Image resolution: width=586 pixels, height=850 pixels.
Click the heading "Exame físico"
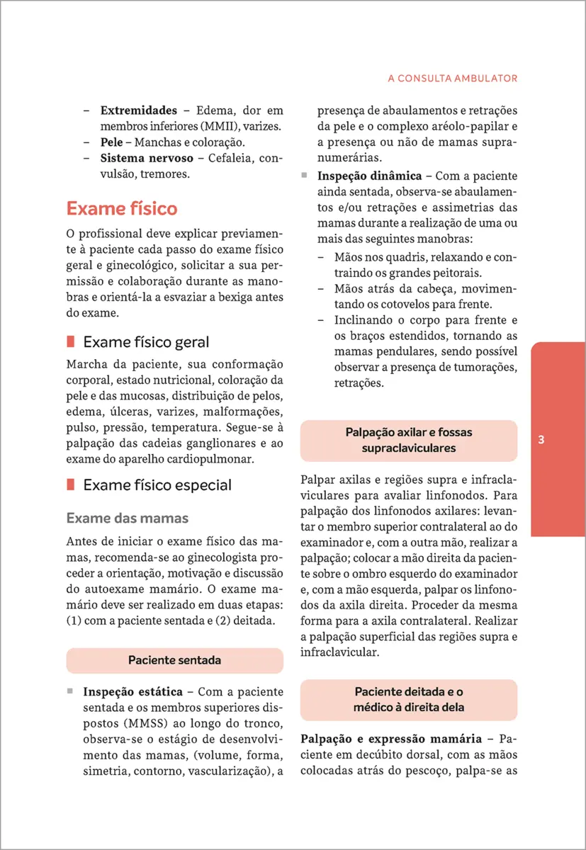click(122, 209)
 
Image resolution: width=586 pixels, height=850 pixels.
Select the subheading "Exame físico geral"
click(146, 342)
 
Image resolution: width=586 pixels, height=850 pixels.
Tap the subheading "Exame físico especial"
click(157, 485)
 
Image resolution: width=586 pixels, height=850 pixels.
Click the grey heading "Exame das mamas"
click(128, 518)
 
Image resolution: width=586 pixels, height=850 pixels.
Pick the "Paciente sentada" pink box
click(174, 660)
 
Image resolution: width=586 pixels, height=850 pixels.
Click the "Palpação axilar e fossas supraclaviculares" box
click(409, 441)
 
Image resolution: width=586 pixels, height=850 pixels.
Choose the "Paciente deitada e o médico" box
click(409, 699)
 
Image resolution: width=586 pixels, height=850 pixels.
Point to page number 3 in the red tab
click(541, 440)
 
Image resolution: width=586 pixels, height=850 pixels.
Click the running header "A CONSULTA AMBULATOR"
click(453, 79)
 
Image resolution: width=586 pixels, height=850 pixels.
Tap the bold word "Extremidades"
click(139, 110)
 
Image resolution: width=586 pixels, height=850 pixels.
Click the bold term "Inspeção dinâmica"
click(370, 176)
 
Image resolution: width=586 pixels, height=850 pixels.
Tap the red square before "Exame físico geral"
click(71, 342)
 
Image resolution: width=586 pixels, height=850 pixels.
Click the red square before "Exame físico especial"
click(71, 485)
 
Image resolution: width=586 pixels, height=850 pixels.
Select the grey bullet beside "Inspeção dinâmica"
click(304, 175)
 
